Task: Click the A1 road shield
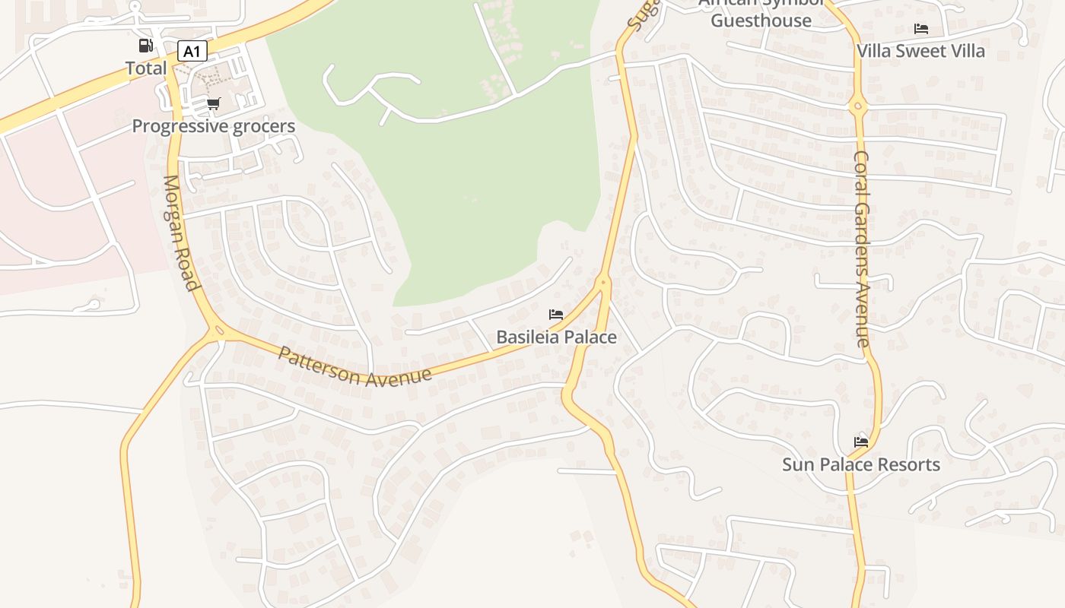(x=192, y=52)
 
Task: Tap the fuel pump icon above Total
(x=145, y=46)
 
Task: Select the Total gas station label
(x=146, y=68)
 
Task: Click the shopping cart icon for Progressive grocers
(x=214, y=104)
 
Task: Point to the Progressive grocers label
(x=214, y=126)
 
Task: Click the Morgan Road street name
(x=180, y=233)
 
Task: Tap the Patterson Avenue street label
(x=354, y=367)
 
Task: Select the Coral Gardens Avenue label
(x=862, y=249)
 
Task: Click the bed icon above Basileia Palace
(x=556, y=315)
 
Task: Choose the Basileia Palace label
(x=556, y=337)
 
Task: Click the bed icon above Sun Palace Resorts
(x=861, y=442)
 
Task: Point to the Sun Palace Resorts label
(x=861, y=464)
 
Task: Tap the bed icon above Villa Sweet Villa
(x=921, y=29)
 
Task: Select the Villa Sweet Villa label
(x=920, y=51)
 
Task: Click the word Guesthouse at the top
(x=761, y=21)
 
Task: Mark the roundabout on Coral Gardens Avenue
(x=859, y=106)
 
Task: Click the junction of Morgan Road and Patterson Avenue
(x=218, y=331)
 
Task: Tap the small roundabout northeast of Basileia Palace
(x=603, y=282)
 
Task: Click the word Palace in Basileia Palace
(x=588, y=337)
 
